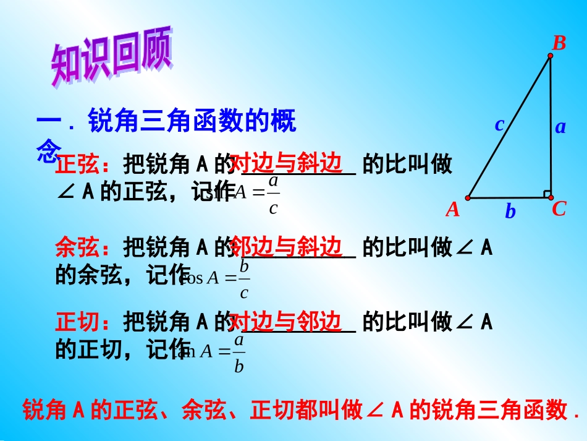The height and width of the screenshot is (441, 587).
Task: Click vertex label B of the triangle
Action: coord(559,43)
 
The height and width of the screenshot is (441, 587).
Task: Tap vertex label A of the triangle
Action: coord(453,210)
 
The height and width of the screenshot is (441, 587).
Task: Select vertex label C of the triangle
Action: coord(559,209)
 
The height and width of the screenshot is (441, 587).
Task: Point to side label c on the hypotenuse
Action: coord(499,124)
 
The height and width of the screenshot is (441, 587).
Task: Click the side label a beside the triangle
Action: coord(560,127)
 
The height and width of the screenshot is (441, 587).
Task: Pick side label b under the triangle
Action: coord(510,212)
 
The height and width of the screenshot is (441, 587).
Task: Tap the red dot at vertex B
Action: coord(550,56)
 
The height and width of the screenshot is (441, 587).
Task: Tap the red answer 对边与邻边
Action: coord(286,321)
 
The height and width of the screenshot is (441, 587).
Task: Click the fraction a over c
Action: coord(274,194)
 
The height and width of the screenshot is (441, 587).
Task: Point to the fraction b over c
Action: coord(244,279)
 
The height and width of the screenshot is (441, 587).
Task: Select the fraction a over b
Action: coord(239,353)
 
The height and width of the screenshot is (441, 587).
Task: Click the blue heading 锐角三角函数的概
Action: coord(192,121)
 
